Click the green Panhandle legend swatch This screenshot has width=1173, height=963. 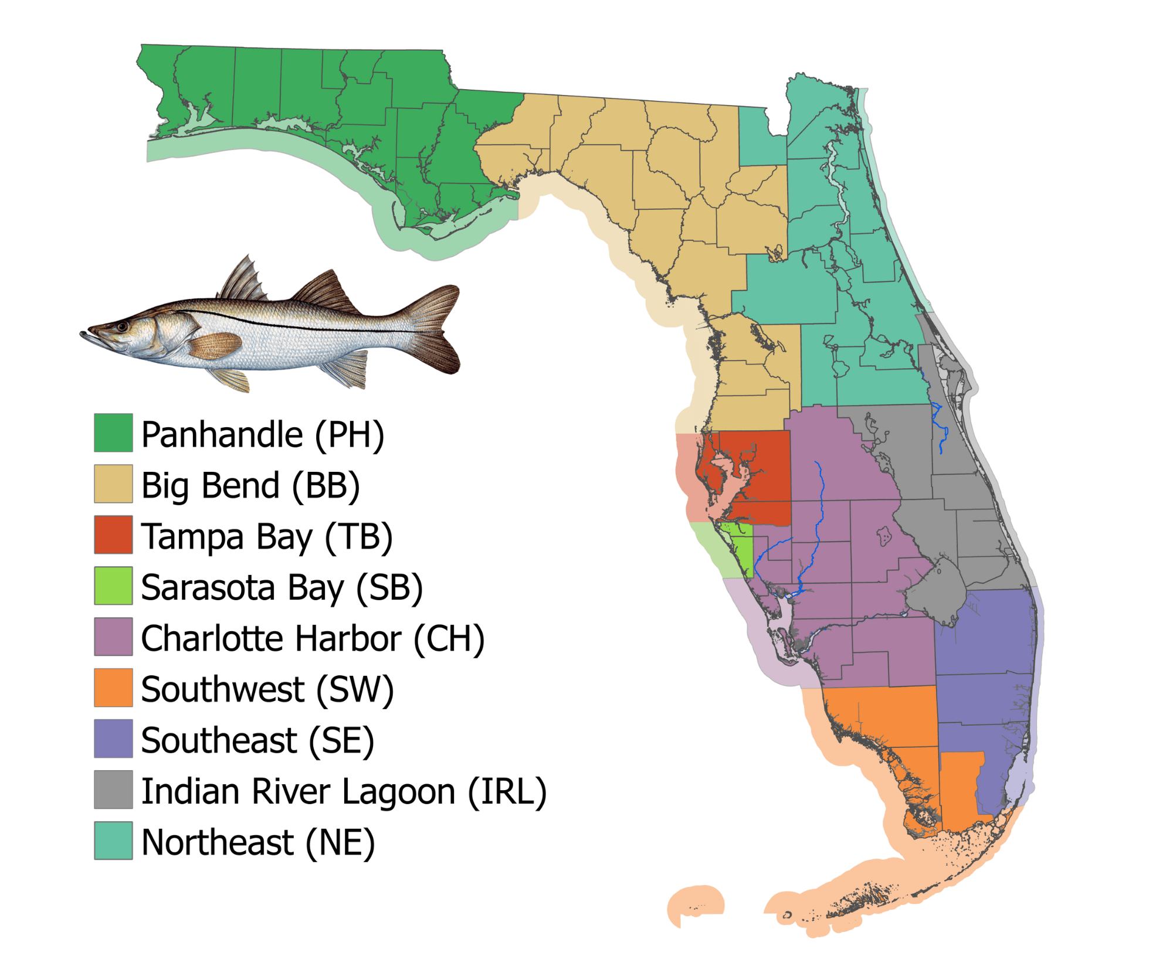pyautogui.click(x=113, y=433)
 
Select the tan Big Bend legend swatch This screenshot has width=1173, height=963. pyautogui.click(x=113, y=484)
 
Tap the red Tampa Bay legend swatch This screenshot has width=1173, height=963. pyautogui.click(x=113, y=535)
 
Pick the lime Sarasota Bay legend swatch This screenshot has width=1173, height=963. pyautogui.click(x=113, y=586)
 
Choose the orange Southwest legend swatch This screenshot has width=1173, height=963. pyautogui.click(x=113, y=688)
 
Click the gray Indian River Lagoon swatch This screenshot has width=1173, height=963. pyautogui.click(x=113, y=790)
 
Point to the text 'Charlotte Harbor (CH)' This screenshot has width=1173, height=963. pyautogui.click(x=313, y=638)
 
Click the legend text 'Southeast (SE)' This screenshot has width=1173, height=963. pyautogui.click(x=257, y=740)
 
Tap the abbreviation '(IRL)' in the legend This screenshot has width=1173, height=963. pyautogui.click(x=507, y=791)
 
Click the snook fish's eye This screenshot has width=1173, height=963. pyautogui.click(x=123, y=326)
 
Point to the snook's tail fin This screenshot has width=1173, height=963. pyautogui.click(x=437, y=328)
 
